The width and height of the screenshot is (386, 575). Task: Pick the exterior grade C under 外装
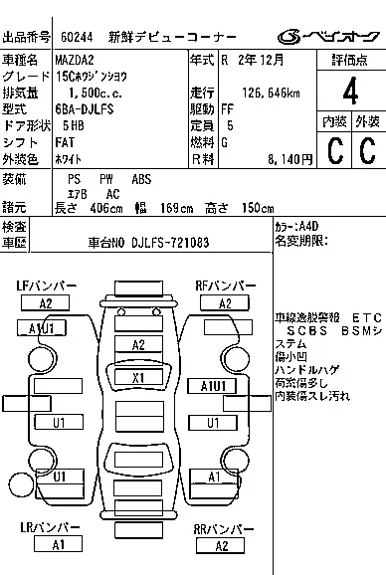point(366,150)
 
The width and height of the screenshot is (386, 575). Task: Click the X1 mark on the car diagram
point(139,378)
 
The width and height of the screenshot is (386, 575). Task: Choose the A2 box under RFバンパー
point(225,303)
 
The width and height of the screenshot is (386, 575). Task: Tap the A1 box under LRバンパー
point(59,544)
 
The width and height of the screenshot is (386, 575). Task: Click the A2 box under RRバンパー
point(222,545)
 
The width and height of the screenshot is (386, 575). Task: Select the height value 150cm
point(258,208)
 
